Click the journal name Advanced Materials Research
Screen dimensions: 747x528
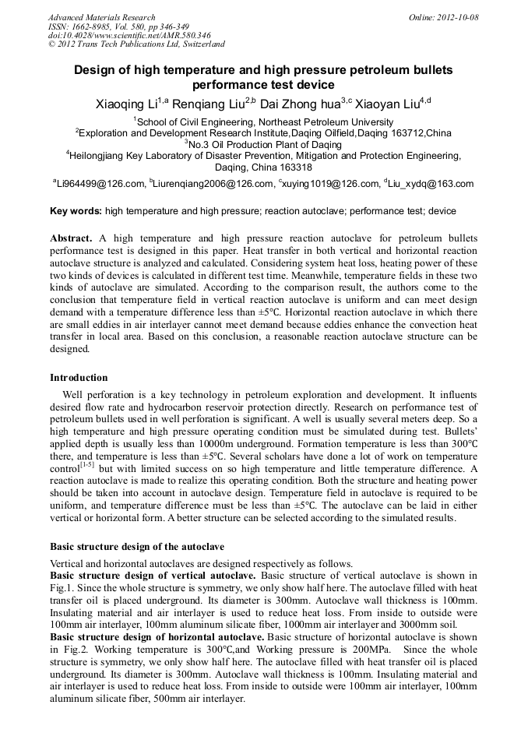coord(101,17)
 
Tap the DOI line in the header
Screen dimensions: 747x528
coord(129,35)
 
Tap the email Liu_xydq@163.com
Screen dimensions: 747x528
coord(433,185)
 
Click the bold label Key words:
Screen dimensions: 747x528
coord(76,211)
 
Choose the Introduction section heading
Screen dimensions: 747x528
coord(79,378)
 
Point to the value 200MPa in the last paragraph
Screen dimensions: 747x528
coord(361,649)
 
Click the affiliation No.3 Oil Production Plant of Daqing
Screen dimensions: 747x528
coord(263,144)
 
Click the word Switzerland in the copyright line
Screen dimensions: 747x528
coord(201,44)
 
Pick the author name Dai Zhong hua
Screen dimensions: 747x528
coord(298,104)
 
